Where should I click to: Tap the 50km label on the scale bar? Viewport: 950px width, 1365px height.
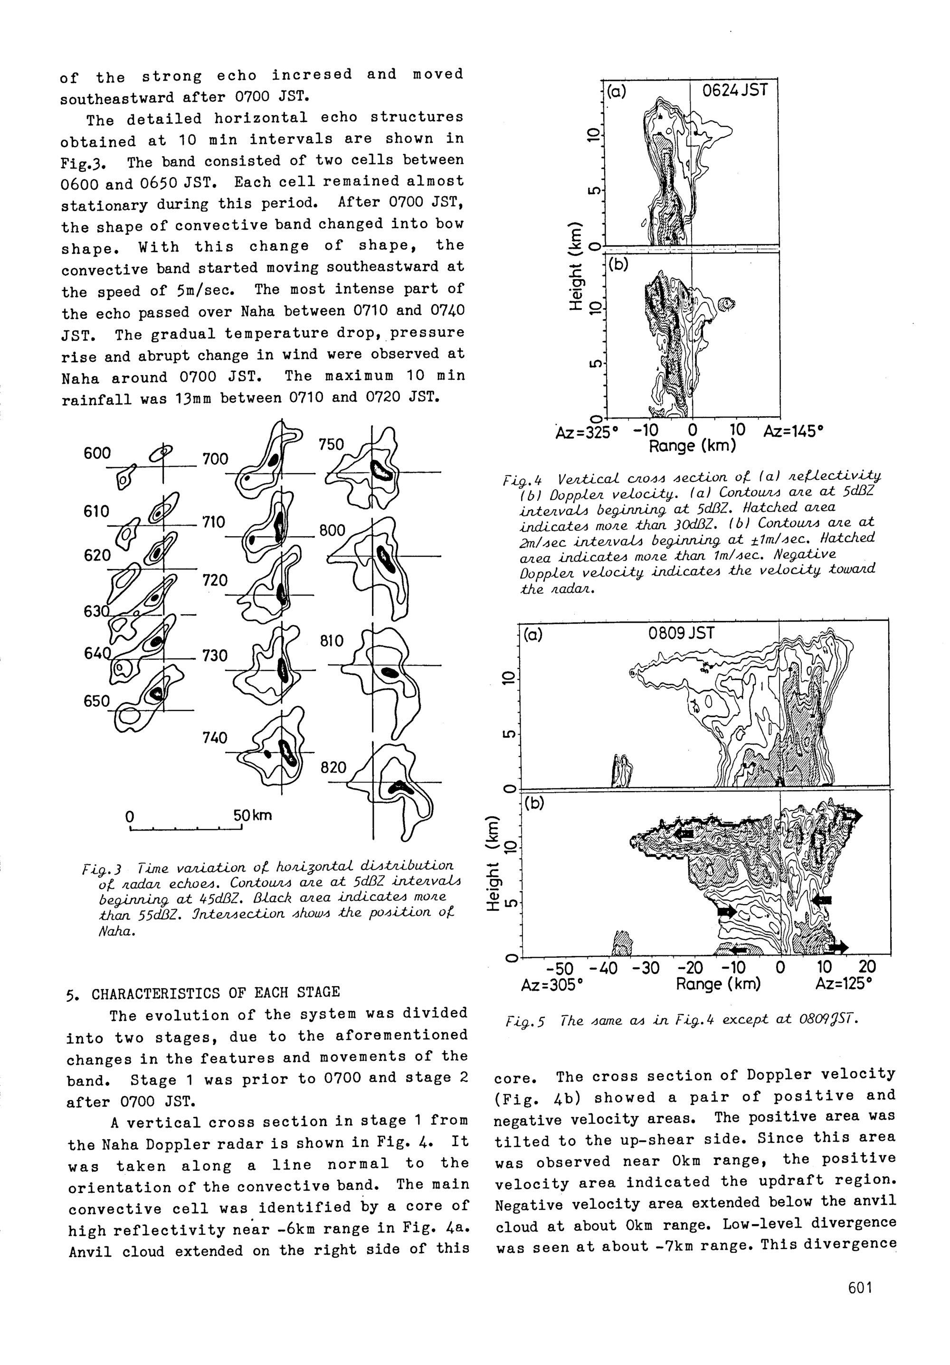tap(252, 815)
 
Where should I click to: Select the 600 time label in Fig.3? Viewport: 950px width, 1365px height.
tap(97, 453)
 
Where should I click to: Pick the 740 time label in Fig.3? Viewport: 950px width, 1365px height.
tap(215, 738)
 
